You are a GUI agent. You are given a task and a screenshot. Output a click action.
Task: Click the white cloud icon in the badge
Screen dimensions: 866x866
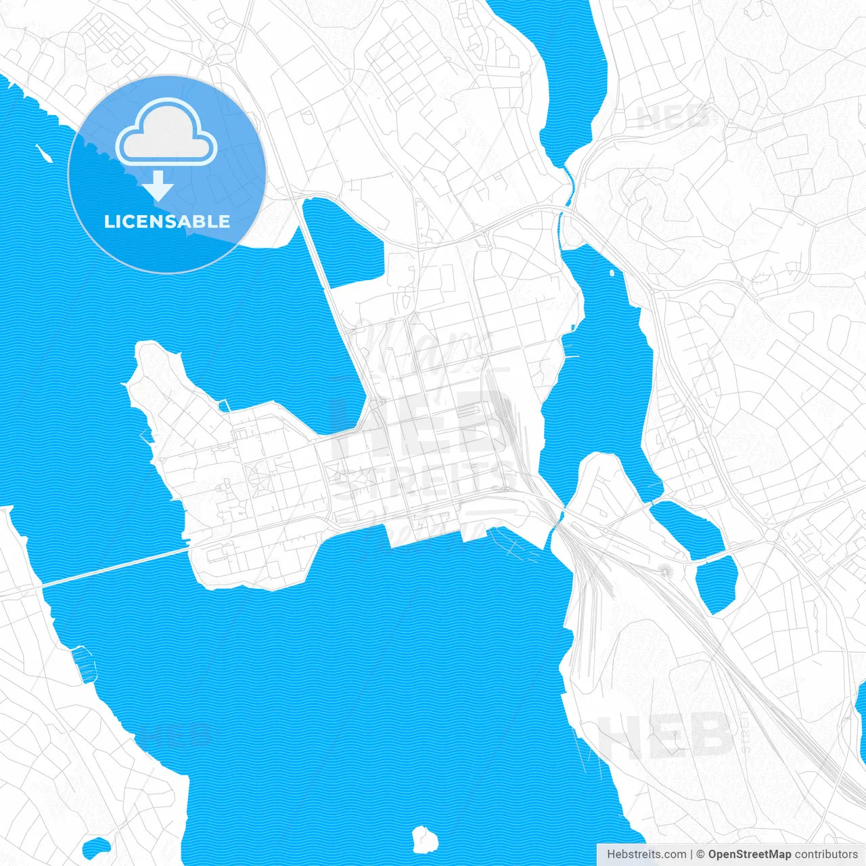[x=166, y=132]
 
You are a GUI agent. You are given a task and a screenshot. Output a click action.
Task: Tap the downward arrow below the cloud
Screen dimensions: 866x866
[x=158, y=186]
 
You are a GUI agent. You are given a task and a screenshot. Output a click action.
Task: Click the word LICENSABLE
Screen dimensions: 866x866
[x=166, y=221]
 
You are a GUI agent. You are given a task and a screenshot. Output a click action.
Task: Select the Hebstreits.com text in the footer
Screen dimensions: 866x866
[x=646, y=854]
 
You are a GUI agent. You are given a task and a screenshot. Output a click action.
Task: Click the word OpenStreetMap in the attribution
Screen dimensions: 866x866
[x=749, y=854]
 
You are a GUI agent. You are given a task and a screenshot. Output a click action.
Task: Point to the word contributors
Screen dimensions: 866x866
[x=825, y=854]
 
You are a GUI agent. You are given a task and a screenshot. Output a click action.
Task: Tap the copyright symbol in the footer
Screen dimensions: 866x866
[x=700, y=854]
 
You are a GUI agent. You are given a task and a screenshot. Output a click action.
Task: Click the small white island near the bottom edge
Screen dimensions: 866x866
[x=425, y=839]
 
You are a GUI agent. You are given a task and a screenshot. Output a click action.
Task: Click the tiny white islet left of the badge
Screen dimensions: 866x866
[x=43, y=154]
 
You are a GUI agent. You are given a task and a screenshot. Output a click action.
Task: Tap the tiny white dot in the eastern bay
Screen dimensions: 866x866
[x=612, y=273]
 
